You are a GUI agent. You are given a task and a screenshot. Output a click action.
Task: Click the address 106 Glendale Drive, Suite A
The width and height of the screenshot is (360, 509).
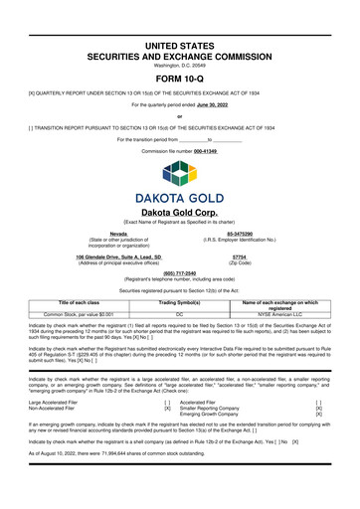[109, 256]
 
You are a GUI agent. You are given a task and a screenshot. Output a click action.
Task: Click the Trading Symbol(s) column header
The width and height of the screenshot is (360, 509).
[180, 302]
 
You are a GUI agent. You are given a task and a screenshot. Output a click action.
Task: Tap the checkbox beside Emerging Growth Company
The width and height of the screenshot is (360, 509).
[318, 415]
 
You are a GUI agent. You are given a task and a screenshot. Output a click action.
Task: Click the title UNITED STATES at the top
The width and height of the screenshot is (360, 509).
[180, 19]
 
